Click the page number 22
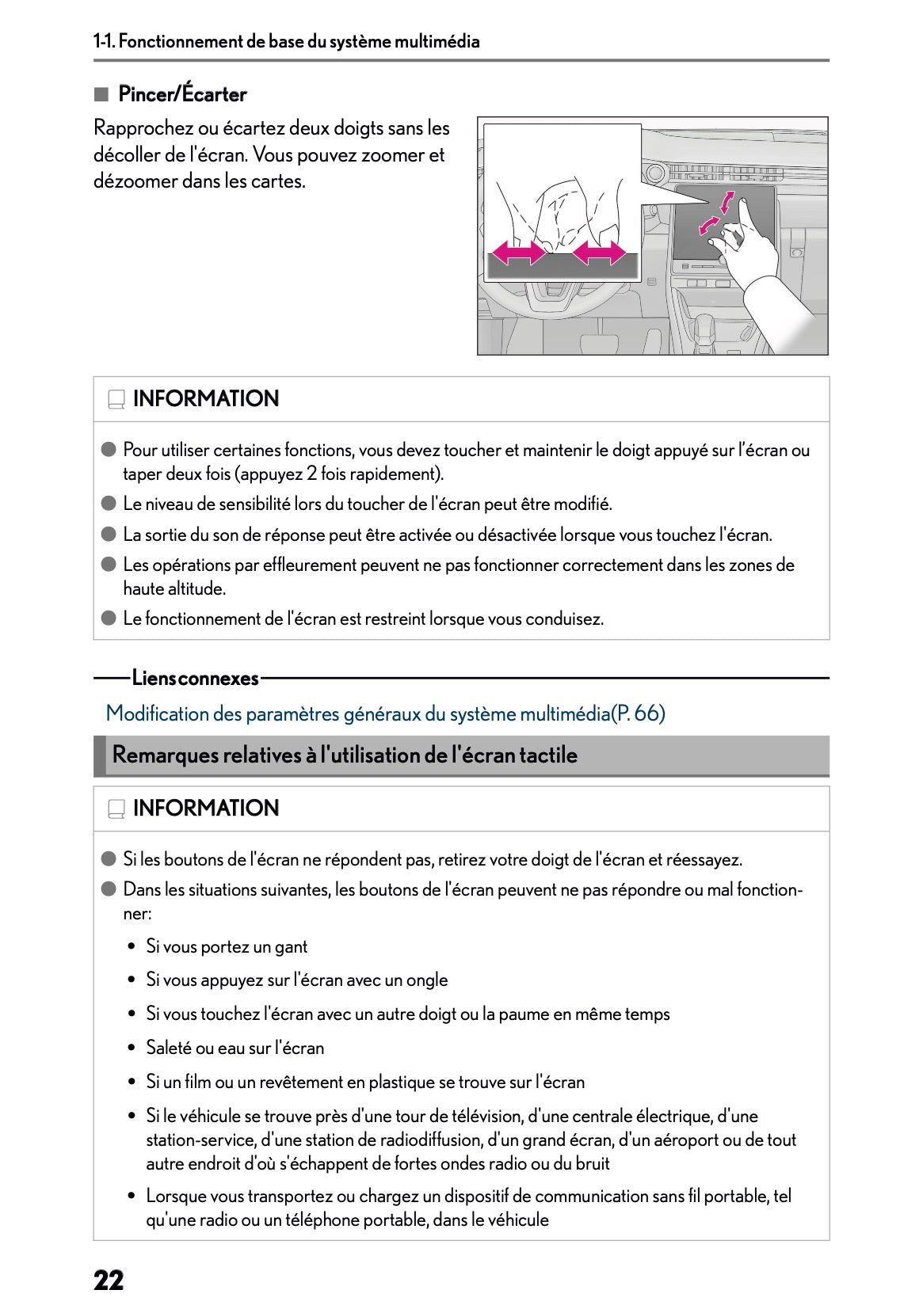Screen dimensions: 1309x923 coord(109,1280)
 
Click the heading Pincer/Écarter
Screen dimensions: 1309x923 coord(182,94)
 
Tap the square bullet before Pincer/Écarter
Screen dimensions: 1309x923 coord(101,94)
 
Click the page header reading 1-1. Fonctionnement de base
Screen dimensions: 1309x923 coord(287,41)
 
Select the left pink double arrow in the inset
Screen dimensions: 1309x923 coord(518,254)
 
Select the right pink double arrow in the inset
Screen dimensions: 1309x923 coord(599,254)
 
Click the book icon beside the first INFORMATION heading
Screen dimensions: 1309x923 coord(116,399)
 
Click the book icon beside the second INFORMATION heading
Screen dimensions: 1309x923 coord(116,809)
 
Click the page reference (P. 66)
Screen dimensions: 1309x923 coord(639,713)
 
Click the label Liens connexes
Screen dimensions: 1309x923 coord(195,679)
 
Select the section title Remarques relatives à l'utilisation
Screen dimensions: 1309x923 coord(345,755)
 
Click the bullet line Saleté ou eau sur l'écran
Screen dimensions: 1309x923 coord(235,1048)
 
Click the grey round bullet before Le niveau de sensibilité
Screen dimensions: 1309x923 coord(109,504)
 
